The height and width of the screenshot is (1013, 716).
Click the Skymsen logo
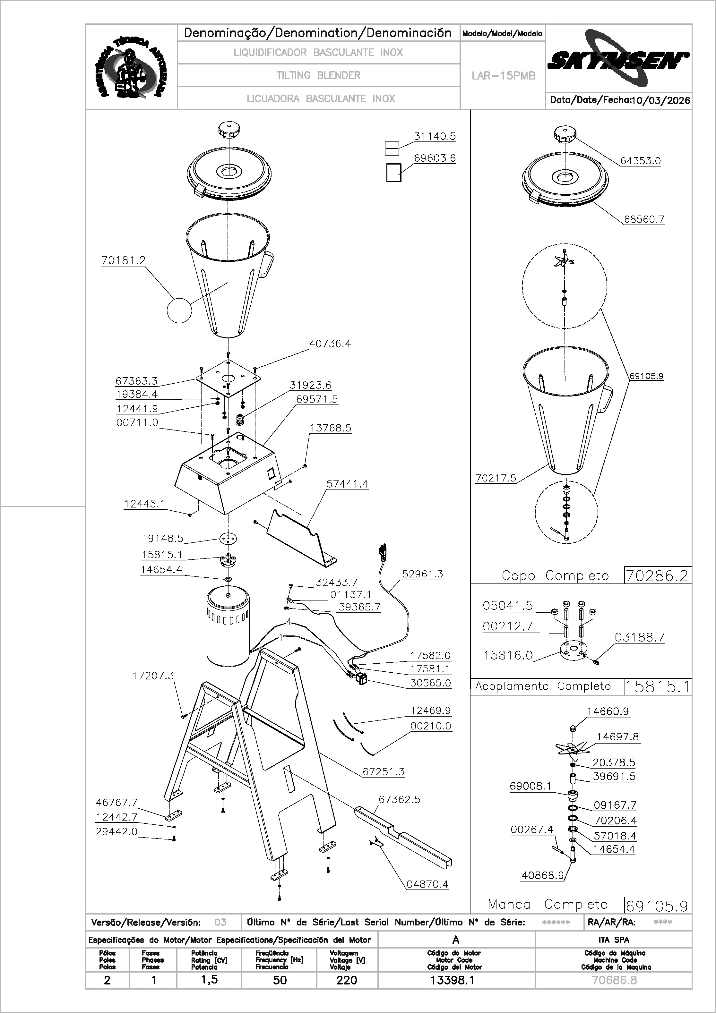tap(618, 60)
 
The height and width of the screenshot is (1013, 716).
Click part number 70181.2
tap(123, 261)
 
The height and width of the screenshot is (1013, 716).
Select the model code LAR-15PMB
tap(503, 76)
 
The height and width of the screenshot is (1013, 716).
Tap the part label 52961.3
tap(422, 574)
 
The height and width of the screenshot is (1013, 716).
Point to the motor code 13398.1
tap(452, 980)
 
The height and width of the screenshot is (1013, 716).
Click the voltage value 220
tap(347, 980)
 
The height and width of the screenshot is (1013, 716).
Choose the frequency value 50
tap(280, 980)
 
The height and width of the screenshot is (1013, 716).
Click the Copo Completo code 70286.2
tap(657, 576)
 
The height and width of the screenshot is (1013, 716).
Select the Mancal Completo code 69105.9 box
tap(657, 906)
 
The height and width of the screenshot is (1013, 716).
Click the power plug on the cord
tap(382, 552)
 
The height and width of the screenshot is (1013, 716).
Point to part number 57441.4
tap(347, 484)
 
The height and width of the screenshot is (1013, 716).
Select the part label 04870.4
tap(427, 884)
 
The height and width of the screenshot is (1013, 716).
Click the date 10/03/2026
tap(660, 101)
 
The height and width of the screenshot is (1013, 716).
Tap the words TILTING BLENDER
tap(318, 75)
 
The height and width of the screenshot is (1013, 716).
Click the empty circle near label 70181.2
tap(179, 310)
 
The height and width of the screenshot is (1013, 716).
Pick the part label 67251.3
tap(383, 772)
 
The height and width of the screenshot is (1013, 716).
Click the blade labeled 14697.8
tap(572, 748)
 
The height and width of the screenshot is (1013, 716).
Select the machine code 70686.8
tap(614, 980)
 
